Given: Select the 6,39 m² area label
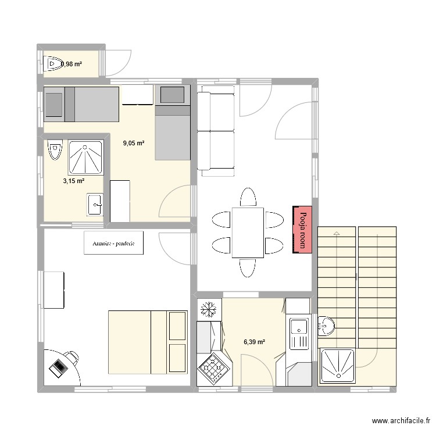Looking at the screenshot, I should pos(254,342).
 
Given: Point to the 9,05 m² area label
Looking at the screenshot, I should pos(134,142).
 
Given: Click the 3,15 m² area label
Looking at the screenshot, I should pos(74,181).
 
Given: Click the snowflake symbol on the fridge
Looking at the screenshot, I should pos(208,309).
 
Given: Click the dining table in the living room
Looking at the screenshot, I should pos(248,233).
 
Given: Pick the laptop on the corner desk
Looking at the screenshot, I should pos(59,366).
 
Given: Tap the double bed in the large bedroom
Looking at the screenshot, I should pos(148,342).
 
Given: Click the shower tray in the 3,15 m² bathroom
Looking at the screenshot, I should pos(87,158).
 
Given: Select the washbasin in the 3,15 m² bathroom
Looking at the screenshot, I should pos(95,204).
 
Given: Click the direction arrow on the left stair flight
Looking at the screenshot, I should pos(335,233).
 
